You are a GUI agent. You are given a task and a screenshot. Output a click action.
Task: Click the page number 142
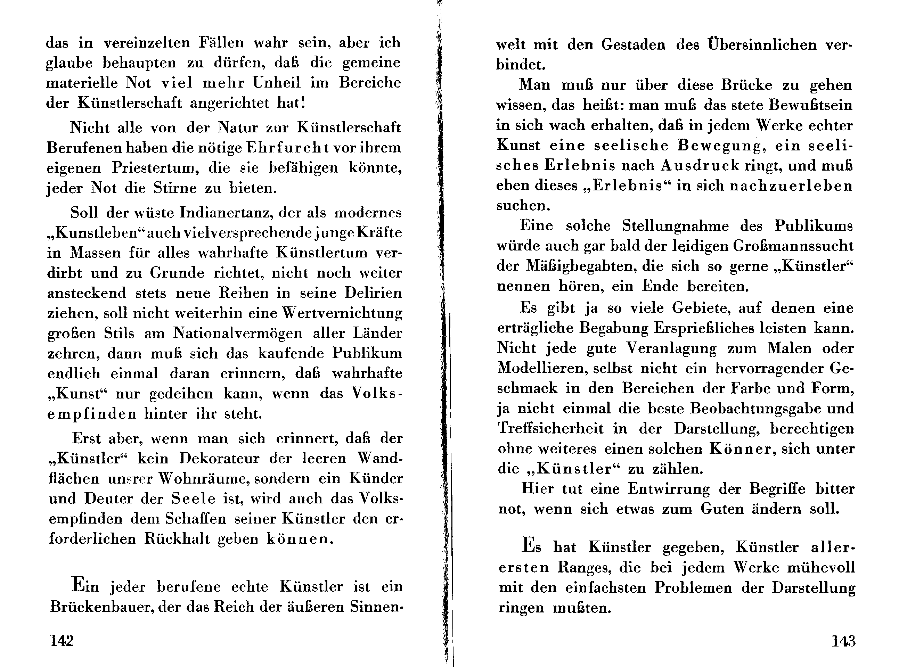[62, 640]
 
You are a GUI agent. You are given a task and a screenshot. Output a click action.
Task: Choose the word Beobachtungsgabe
[748, 409]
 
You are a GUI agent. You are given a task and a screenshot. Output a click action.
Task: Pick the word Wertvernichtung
[342, 313]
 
